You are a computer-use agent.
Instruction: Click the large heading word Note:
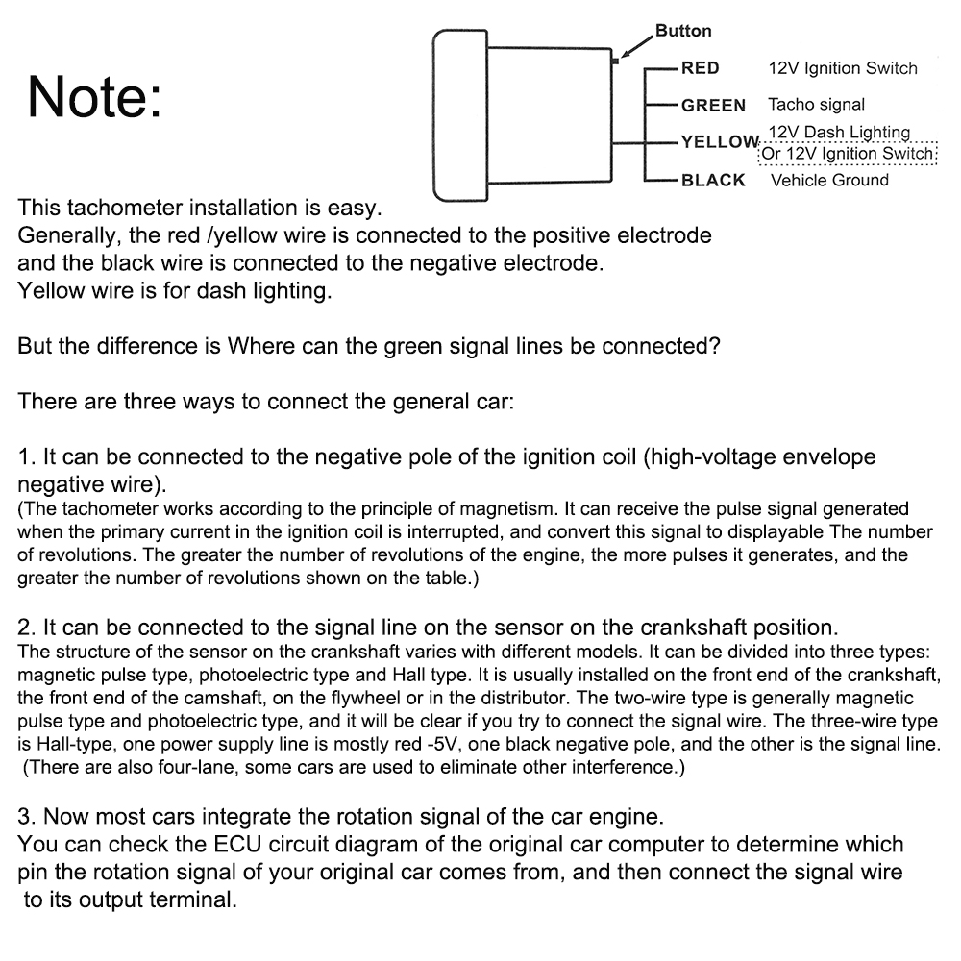point(95,97)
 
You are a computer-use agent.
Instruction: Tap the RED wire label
point(700,68)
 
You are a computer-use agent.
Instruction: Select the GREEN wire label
point(713,105)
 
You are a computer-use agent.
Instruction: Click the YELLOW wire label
point(720,142)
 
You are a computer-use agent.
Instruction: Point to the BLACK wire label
point(713,180)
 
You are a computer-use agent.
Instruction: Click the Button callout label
point(683,31)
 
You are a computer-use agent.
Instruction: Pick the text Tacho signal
point(816,105)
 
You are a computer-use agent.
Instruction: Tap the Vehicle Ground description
point(829,180)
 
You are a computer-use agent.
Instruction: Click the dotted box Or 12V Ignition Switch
point(848,154)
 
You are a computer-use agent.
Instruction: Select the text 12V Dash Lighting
point(839,132)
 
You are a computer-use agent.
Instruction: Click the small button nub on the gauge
point(614,62)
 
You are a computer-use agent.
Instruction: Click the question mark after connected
point(714,346)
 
